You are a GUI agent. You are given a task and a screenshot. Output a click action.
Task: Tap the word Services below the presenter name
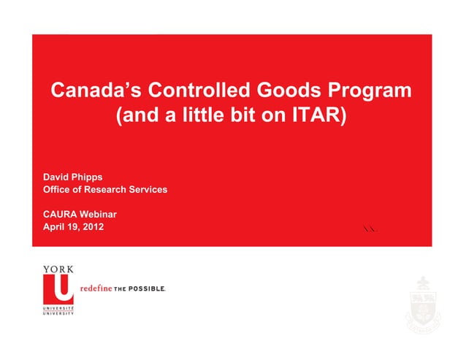(149, 190)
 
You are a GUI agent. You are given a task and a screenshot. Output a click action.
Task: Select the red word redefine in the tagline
(95, 288)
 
